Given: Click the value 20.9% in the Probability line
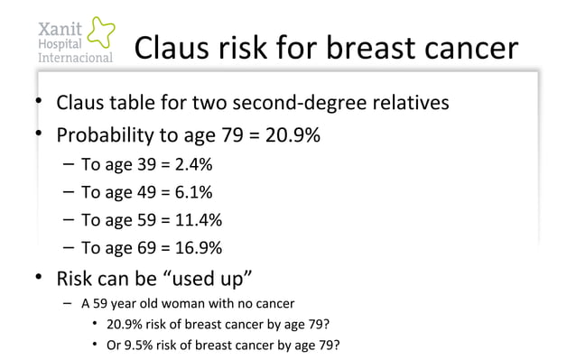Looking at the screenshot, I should coord(290,136).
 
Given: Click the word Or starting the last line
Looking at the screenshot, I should coord(115,345).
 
